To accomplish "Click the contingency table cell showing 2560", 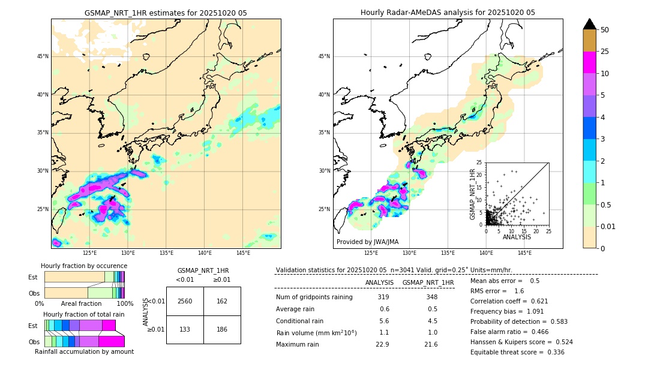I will point(185,301).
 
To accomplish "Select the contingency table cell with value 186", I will point(222,329).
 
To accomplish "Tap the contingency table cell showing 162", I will point(222,301).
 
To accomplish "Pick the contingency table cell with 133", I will point(185,329).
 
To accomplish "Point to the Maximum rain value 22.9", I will point(383,344).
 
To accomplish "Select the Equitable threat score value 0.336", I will point(552,352).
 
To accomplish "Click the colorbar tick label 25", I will point(605,52).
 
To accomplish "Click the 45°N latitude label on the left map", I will point(43,56).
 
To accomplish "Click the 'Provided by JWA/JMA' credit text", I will point(367,242).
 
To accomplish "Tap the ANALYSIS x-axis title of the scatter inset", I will point(517,237).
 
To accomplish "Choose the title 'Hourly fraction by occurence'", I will point(84,266).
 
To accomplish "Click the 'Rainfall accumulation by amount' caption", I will point(83,351).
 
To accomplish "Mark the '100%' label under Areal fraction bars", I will point(125,303).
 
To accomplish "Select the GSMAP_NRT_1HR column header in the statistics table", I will point(428,282).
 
